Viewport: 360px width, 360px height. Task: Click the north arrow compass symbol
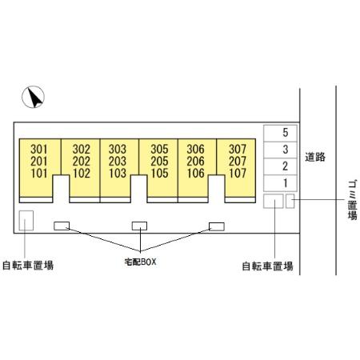[x=33, y=97]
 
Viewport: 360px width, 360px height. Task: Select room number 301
[x=39, y=149]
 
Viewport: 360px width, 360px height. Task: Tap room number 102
[x=82, y=174]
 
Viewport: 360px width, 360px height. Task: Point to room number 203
[x=118, y=162]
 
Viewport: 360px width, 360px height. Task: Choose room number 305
[x=159, y=149]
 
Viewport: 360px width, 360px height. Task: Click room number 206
[x=195, y=162]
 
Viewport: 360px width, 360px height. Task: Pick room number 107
[x=238, y=174]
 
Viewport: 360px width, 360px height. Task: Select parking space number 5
[x=286, y=133]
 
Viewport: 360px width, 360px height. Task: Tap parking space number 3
[x=286, y=150]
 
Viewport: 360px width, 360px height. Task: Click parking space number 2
[x=286, y=166]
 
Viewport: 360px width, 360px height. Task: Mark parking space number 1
[x=286, y=183]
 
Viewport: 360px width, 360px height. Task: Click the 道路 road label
[x=315, y=157]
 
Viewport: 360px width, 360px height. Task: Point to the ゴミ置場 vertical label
[x=353, y=200]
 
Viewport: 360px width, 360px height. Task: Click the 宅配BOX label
[x=140, y=262]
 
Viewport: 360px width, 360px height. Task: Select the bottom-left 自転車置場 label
[x=28, y=266]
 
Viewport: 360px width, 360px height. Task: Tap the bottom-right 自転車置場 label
[x=267, y=266]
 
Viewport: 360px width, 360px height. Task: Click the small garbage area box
[x=290, y=201]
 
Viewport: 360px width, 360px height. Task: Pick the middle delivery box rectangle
[x=139, y=226]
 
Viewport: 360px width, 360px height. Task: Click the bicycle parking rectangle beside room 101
[x=26, y=221]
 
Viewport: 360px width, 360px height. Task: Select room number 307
[x=238, y=149]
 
